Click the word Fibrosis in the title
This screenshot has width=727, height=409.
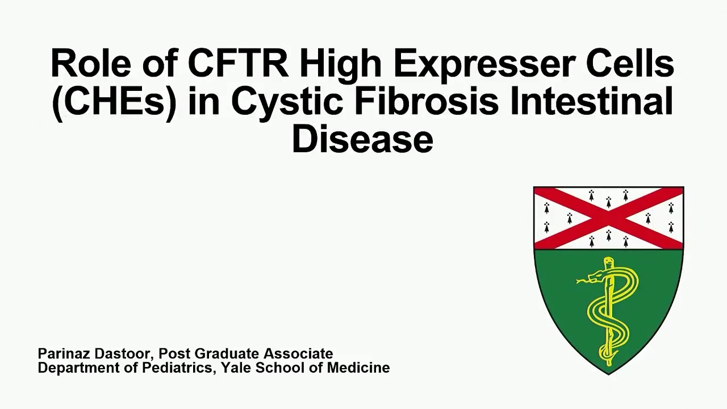coord(427,101)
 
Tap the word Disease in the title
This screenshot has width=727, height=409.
coord(362,139)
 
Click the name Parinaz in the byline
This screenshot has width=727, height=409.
coord(63,353)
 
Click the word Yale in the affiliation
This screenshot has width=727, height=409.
coord(236,368)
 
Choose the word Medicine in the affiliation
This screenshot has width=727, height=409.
coord(358,368)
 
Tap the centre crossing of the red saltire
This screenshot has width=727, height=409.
coord(608,218)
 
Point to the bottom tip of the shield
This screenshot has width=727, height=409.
coord(608,374)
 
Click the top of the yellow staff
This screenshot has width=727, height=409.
coord(609,258)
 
